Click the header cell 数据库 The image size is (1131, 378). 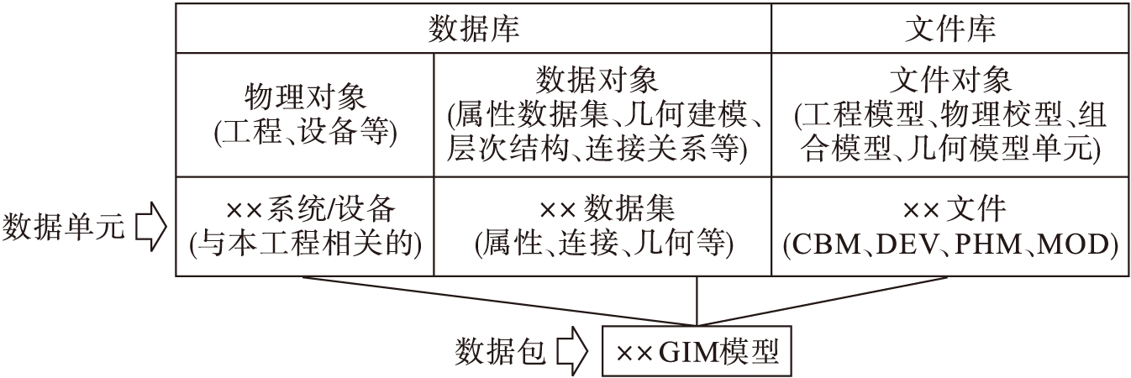pyautogui.click(x=473, y=28)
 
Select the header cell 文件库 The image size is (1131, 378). pyautogui.click(x=950, y=28)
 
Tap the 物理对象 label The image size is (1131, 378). pyautogui.click(x=305, y=97)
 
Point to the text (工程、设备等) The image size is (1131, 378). pyautogui.click(x=305, y=132)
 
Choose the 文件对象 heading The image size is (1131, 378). pyautogui.click(x=950, y=81)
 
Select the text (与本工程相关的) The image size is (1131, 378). pyautogui.click(x=305, y=243)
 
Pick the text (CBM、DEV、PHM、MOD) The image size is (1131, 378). pyautogui.click(x=950, y=243)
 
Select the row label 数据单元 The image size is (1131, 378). pyautogui.click(x=65, y=226)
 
